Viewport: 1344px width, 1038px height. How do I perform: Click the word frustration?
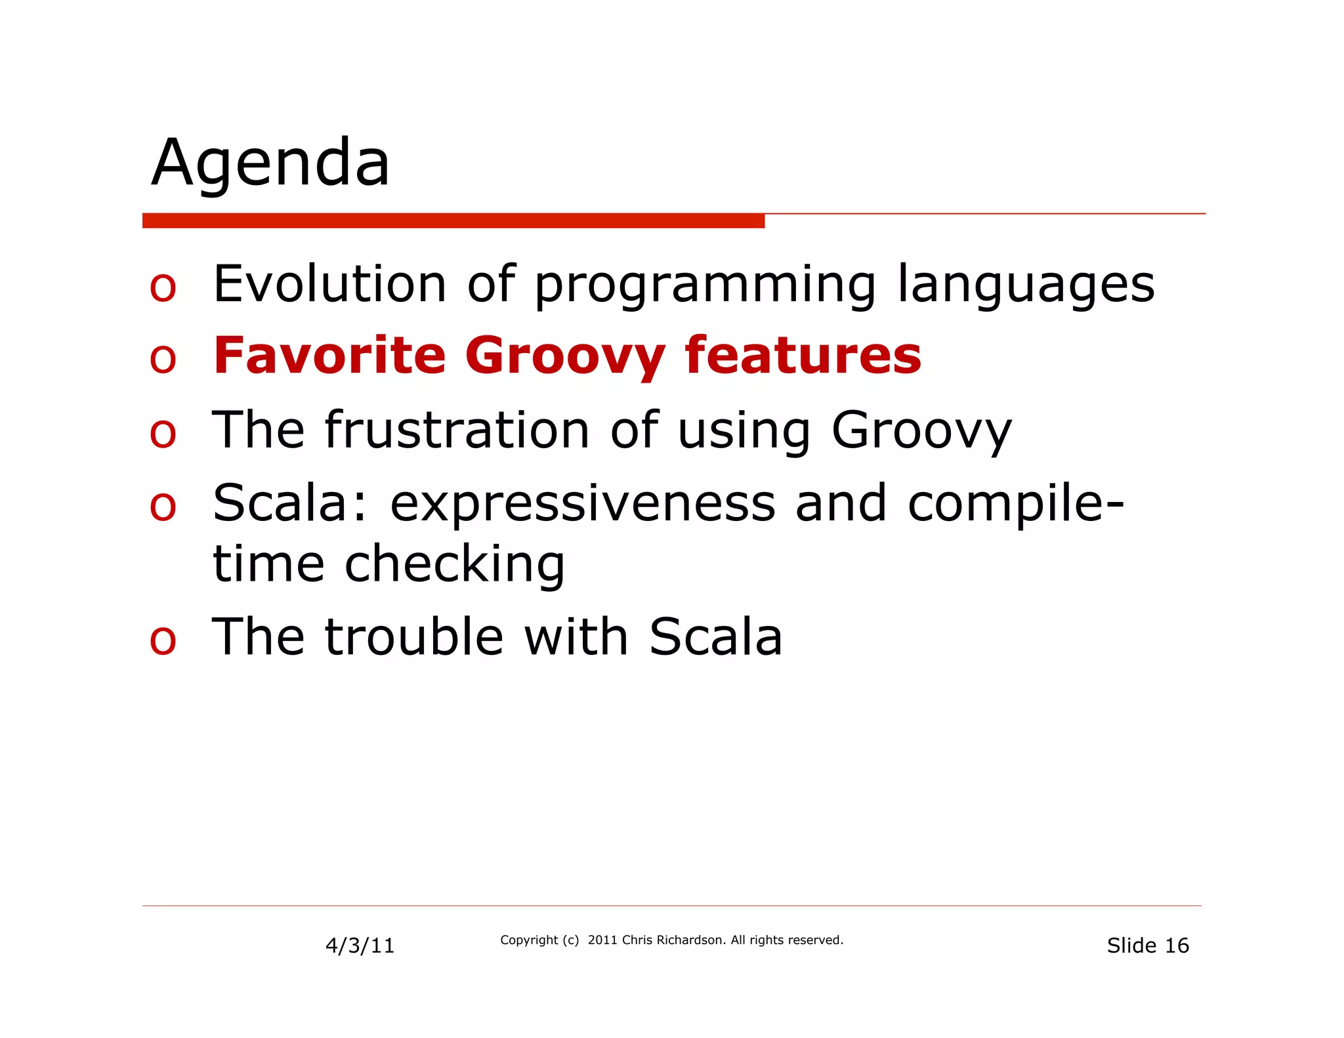[457, 430]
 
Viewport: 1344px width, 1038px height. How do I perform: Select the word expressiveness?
[583, 503]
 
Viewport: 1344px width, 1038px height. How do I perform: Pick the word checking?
[454, 564]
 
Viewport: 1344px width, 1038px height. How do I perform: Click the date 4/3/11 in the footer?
[360, 945]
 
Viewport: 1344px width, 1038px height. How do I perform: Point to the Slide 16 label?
[1147, 945]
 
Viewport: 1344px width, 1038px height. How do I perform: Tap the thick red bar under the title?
[453, 220]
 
